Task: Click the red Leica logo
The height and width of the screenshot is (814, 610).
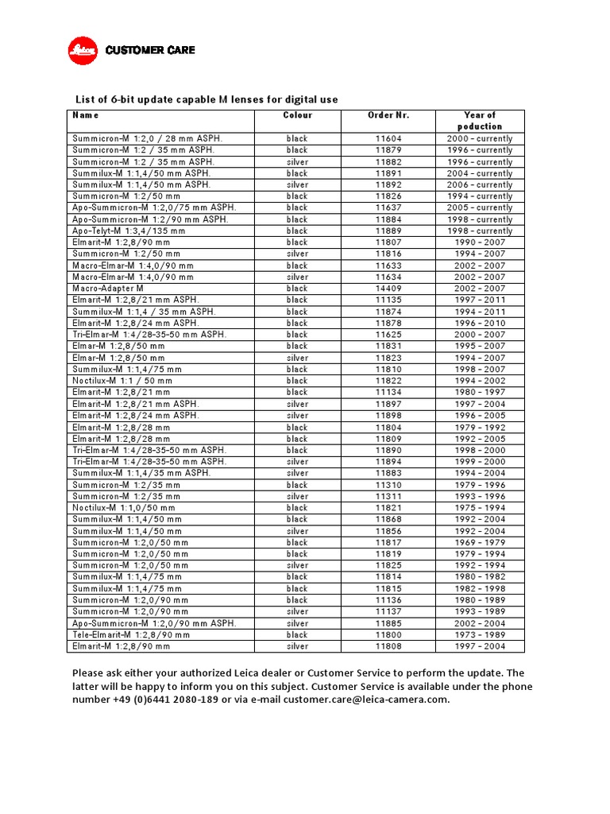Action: (x=81, y=50)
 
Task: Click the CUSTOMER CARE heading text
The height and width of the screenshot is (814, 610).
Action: (x=150, y=50)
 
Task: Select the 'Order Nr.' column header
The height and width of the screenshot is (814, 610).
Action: (x=388, y=115)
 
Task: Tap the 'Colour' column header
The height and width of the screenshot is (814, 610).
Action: (x=297, y=115)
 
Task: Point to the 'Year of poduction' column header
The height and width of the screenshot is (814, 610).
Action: (x=480, y=121)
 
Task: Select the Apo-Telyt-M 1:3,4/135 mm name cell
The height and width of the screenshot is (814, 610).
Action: (x=129, y=231)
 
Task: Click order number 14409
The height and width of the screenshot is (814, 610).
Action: (x=388, y=289)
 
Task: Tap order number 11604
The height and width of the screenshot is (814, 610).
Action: (x=388, y=138)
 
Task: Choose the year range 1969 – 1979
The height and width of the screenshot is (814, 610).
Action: (x=480, y=543)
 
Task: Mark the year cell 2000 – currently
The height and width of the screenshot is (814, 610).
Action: (x=480, y=138)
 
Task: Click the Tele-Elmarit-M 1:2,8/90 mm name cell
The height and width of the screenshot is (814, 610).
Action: (x=131, y=635)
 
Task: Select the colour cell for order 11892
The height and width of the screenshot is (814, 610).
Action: (x=297, y=184)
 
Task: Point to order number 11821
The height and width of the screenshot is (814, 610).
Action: (x=388, y=508)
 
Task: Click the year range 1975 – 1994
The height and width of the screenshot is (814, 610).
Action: (x=480, y=508)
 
